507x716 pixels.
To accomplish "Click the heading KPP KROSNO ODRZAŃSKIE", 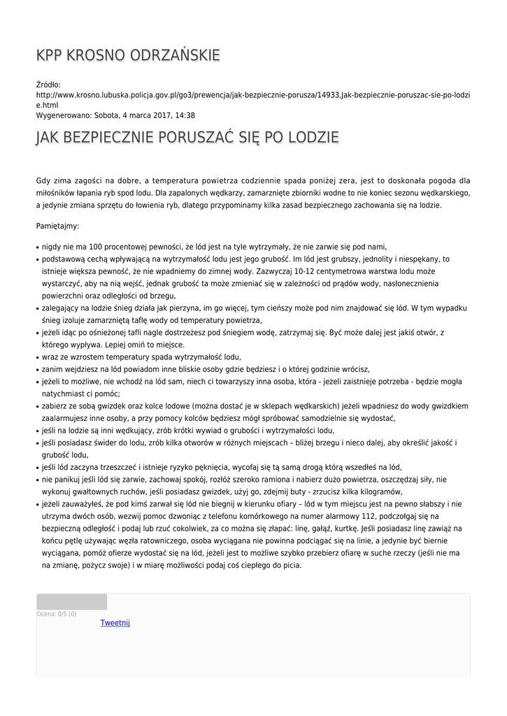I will point(128,55).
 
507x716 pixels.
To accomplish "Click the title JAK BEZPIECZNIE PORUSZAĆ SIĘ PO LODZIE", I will point(187,137).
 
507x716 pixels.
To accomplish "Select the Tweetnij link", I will point(115,622).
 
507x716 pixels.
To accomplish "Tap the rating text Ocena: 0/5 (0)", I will point(57,614).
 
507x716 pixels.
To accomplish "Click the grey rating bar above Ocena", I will point(71,601).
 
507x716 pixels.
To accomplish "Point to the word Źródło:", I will point(48,84).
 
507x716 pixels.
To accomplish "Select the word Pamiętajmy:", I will point(57,226).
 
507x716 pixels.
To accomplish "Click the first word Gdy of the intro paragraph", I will point(43,180).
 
